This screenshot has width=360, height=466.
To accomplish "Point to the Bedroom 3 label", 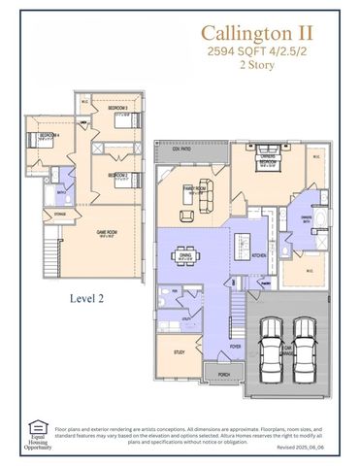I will coord(117,107).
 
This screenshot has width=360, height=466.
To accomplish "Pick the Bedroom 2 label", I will coord(117,175).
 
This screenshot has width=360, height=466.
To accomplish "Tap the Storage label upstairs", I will coord(60,214).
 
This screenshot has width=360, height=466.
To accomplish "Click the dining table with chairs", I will coord(186,256).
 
